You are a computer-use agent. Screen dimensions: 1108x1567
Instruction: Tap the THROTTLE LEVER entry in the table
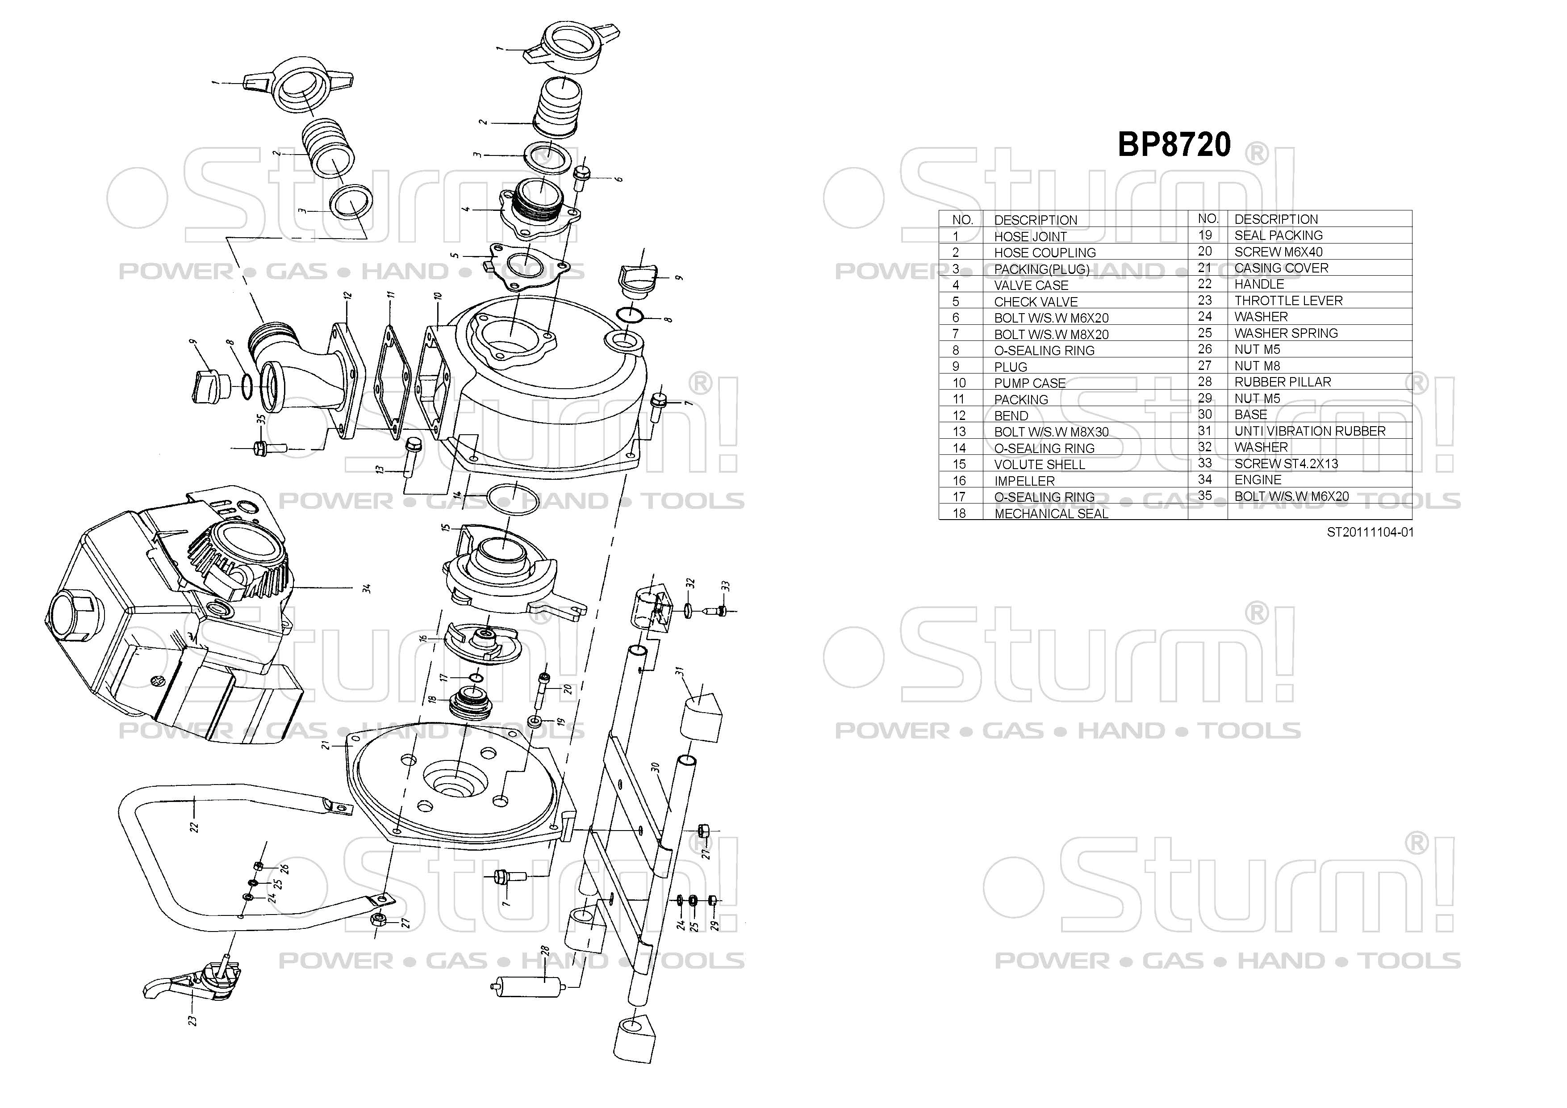pos(1288,300)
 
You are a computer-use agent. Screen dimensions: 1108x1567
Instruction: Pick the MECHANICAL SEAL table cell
pos(1051,513)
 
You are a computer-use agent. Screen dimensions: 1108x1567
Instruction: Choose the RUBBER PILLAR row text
pos(1283,382)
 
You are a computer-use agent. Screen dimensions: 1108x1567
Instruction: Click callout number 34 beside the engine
pos(367,588)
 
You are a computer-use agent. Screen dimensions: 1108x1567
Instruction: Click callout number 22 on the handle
pos(195,827)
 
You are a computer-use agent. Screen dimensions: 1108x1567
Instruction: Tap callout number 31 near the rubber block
pos(680,672)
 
